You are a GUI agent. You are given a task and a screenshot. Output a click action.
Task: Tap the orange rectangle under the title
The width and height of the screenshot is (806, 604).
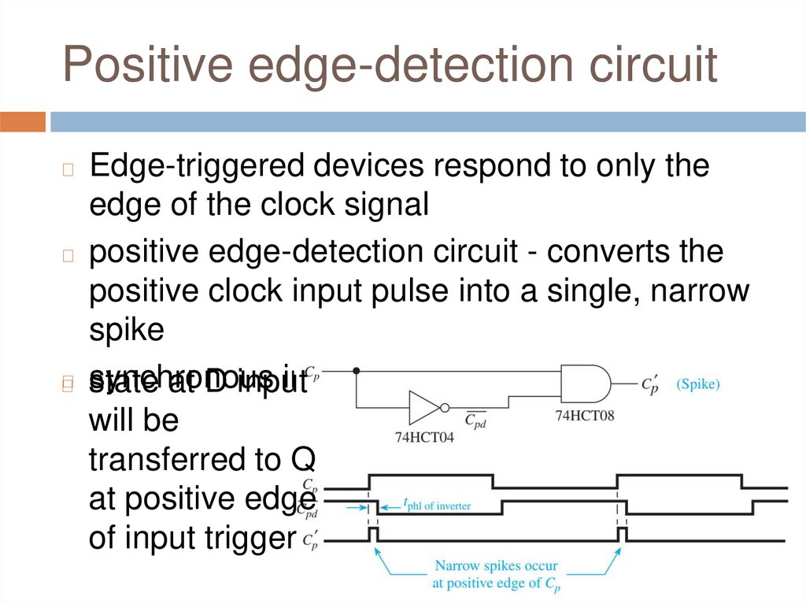23,122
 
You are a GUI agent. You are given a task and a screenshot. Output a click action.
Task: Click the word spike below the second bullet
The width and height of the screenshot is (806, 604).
126,329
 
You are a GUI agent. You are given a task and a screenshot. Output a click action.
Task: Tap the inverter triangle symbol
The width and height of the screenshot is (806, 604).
426,407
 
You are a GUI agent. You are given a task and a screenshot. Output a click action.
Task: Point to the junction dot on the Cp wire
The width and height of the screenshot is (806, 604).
357,370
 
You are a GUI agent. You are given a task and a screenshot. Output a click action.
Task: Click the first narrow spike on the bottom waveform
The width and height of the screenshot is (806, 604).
373,535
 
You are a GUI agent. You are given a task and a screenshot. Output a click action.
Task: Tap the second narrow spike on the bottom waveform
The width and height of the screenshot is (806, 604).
623,535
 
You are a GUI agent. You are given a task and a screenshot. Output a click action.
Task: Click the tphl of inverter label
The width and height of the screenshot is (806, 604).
437,505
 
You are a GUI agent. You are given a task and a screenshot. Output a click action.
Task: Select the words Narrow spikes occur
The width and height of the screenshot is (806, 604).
496,566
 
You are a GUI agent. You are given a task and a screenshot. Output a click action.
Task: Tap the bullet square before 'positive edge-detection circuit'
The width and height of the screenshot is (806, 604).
68,255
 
